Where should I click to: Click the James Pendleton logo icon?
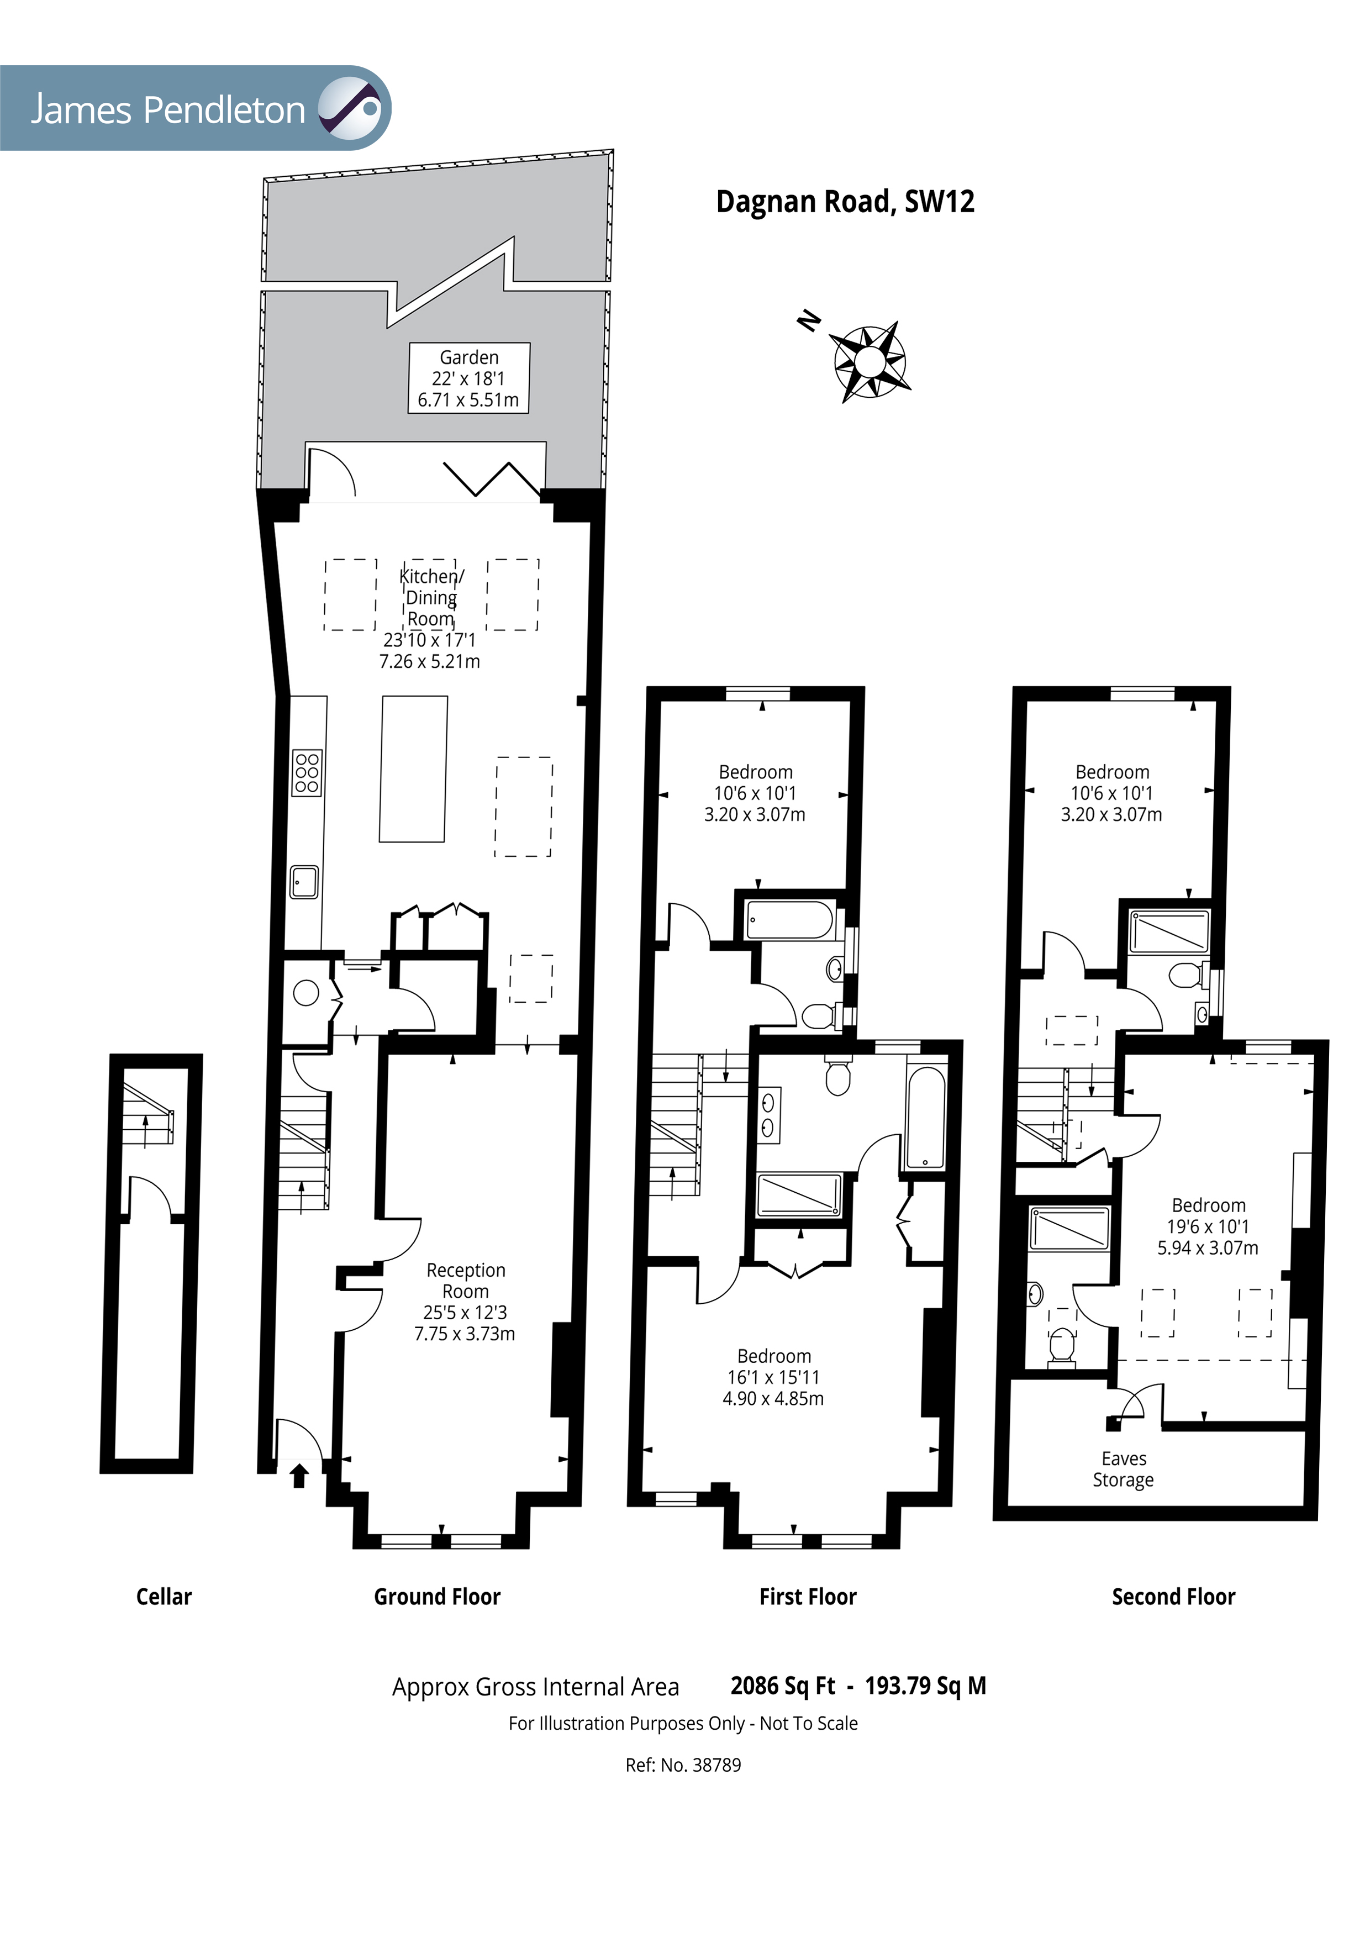(x=349, y=108)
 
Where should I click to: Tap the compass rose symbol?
(x=870, y=362)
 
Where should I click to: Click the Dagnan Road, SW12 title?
(x=845, y=202)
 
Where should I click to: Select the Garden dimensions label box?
(x=470, y=378)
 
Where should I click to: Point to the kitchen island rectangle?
(x=414, y=769)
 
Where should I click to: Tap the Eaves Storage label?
(x=1124, y=1469)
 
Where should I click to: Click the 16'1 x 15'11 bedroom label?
(x=773, y=1377)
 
